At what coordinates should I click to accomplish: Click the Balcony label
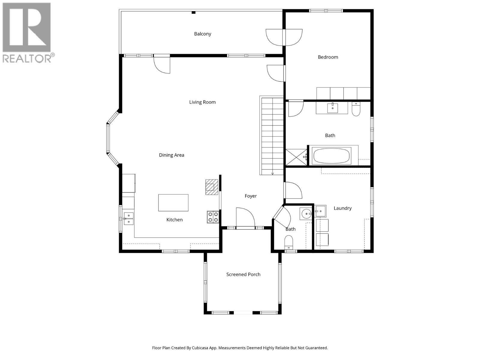pos(202,34)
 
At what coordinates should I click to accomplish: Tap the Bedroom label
pos(328,57)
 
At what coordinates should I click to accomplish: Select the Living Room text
pos(202,102)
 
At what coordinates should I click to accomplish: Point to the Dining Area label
pos(172,155)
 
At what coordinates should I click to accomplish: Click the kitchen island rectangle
pos(173,203)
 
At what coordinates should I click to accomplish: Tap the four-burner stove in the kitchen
pos(213,217)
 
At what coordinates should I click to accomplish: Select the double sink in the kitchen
pos(129,218)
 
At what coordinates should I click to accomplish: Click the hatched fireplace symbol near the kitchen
pos(211,187)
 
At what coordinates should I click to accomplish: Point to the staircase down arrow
pos(272,173)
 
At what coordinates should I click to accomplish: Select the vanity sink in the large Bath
pos(332,108)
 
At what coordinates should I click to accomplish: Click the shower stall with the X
pos(296,157)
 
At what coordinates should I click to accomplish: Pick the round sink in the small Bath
pos(306,214)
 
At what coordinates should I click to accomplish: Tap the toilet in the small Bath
pos(289,242)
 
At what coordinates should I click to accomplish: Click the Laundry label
pos(342,208)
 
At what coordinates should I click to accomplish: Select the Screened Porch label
pos(243,274)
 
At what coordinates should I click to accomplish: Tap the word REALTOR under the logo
pos(27,58)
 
